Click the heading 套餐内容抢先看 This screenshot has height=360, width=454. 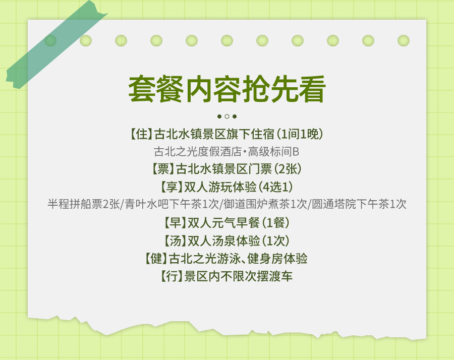pos(227,89)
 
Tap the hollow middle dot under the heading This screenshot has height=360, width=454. pos(227,116)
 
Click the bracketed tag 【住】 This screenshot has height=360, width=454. pos(141,134)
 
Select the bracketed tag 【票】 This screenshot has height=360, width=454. pos(163,169)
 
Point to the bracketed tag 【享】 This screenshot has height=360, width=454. pos(172,187)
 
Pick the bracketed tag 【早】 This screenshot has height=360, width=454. pos(175,222)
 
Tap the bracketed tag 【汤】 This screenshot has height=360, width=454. pos(175,241)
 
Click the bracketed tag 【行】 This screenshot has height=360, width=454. pos(172,276)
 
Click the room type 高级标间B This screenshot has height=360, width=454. pos(273,152)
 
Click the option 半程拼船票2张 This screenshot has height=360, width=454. pos(83,204)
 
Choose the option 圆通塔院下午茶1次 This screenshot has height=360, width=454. pos(359,204)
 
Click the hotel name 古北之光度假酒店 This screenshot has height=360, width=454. pos(197,152)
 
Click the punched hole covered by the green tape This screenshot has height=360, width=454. pos(50,40)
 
